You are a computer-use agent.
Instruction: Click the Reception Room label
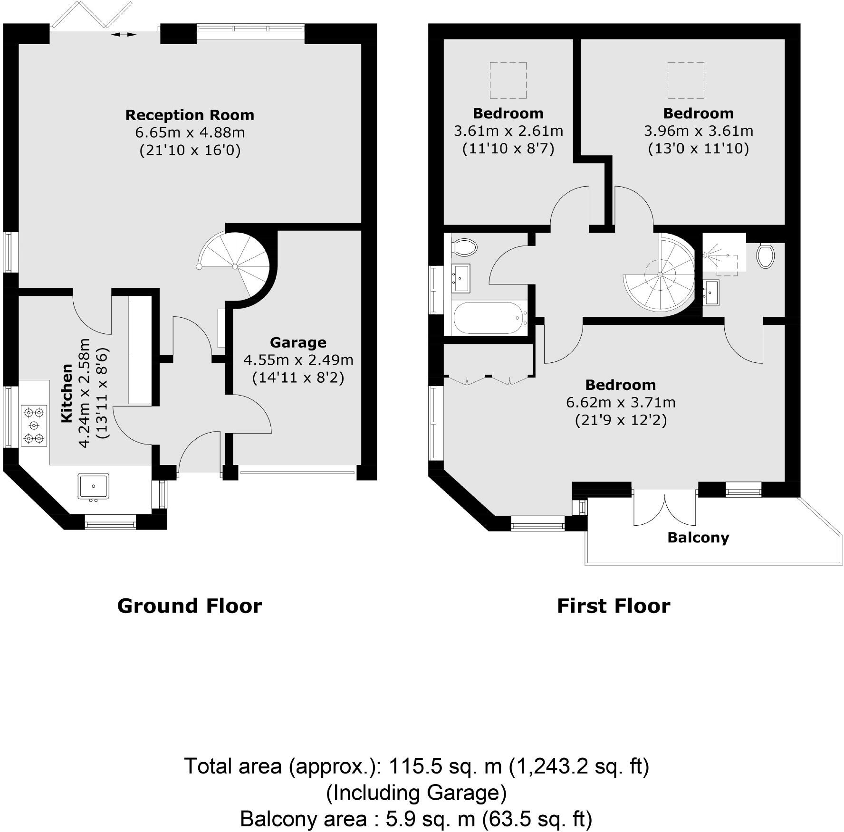(190, 115)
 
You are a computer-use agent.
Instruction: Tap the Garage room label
(298, 342)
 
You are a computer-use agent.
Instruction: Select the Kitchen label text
(67, 393)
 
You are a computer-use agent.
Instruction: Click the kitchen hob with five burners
(34, 425)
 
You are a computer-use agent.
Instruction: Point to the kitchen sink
(94, 486)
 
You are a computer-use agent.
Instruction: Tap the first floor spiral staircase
(660, 275)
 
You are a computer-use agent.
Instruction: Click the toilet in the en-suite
(765, 255)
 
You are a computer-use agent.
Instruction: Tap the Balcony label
(698, 538)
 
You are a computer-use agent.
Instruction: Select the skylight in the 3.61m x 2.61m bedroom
(508, 80)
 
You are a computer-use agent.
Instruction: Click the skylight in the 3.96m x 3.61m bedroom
(686, 80)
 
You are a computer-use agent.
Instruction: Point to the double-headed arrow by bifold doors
(124, 34)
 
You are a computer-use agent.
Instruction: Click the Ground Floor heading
(189, 606)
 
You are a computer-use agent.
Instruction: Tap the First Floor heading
(614, 606)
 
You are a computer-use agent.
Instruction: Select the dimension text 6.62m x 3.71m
(620, 403)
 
